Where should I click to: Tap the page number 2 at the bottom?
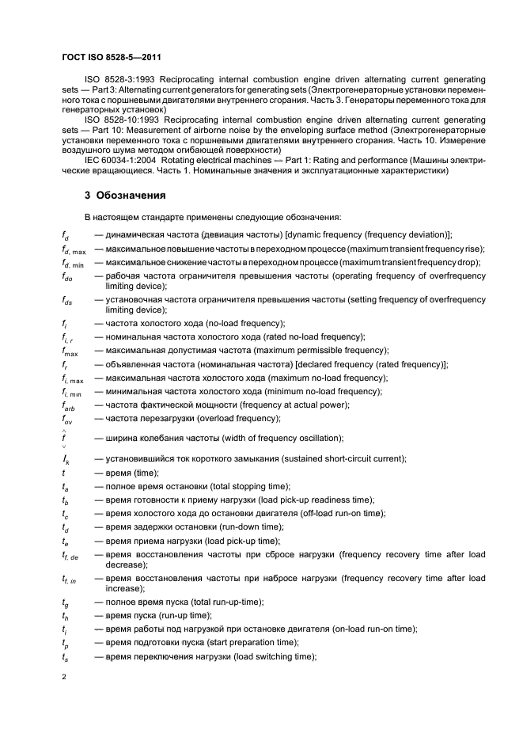click(65, 677)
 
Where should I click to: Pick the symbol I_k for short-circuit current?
click(66, 459)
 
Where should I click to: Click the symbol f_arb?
click(67, 405)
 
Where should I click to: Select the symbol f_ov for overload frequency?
click(66, 419)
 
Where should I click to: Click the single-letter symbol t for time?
click(63, 473)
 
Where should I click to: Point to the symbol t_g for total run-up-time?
click(65, 602)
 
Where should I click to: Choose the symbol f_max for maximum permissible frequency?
click(69, 351)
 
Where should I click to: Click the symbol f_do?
click(67, 276)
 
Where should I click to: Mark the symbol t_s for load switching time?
click(65, 657)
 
